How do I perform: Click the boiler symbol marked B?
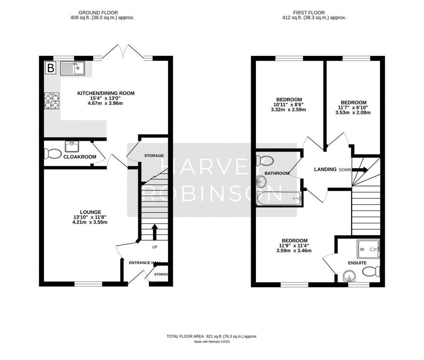51,68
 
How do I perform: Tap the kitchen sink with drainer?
72,68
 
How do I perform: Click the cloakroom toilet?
52,154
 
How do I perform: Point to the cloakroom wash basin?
72,147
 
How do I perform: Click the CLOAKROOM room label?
80,157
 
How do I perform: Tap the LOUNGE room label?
90,212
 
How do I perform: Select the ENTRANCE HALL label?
145,263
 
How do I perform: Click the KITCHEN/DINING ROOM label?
106,93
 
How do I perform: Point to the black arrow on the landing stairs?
360,169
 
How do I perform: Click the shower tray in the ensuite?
369,249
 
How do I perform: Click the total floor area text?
212,336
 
